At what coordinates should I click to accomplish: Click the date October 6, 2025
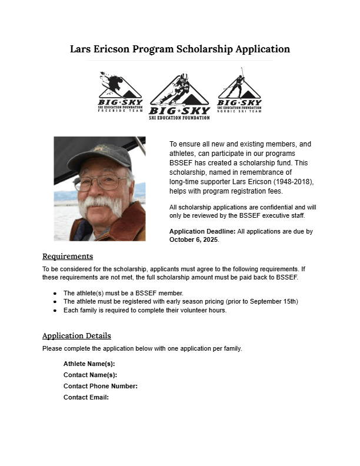pos(194,240)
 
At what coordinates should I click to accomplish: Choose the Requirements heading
pos(68,257)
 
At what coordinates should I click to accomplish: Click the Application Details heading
pos(76,336)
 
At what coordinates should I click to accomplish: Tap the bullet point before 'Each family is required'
pos(55,310)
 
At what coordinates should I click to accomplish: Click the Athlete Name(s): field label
pos(89,364)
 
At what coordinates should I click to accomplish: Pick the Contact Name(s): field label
pos(90,375)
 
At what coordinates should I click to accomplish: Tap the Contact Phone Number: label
pos(101,386)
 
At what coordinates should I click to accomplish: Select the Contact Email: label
pos(86,397)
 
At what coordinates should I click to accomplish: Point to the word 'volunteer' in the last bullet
pos(178,310)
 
